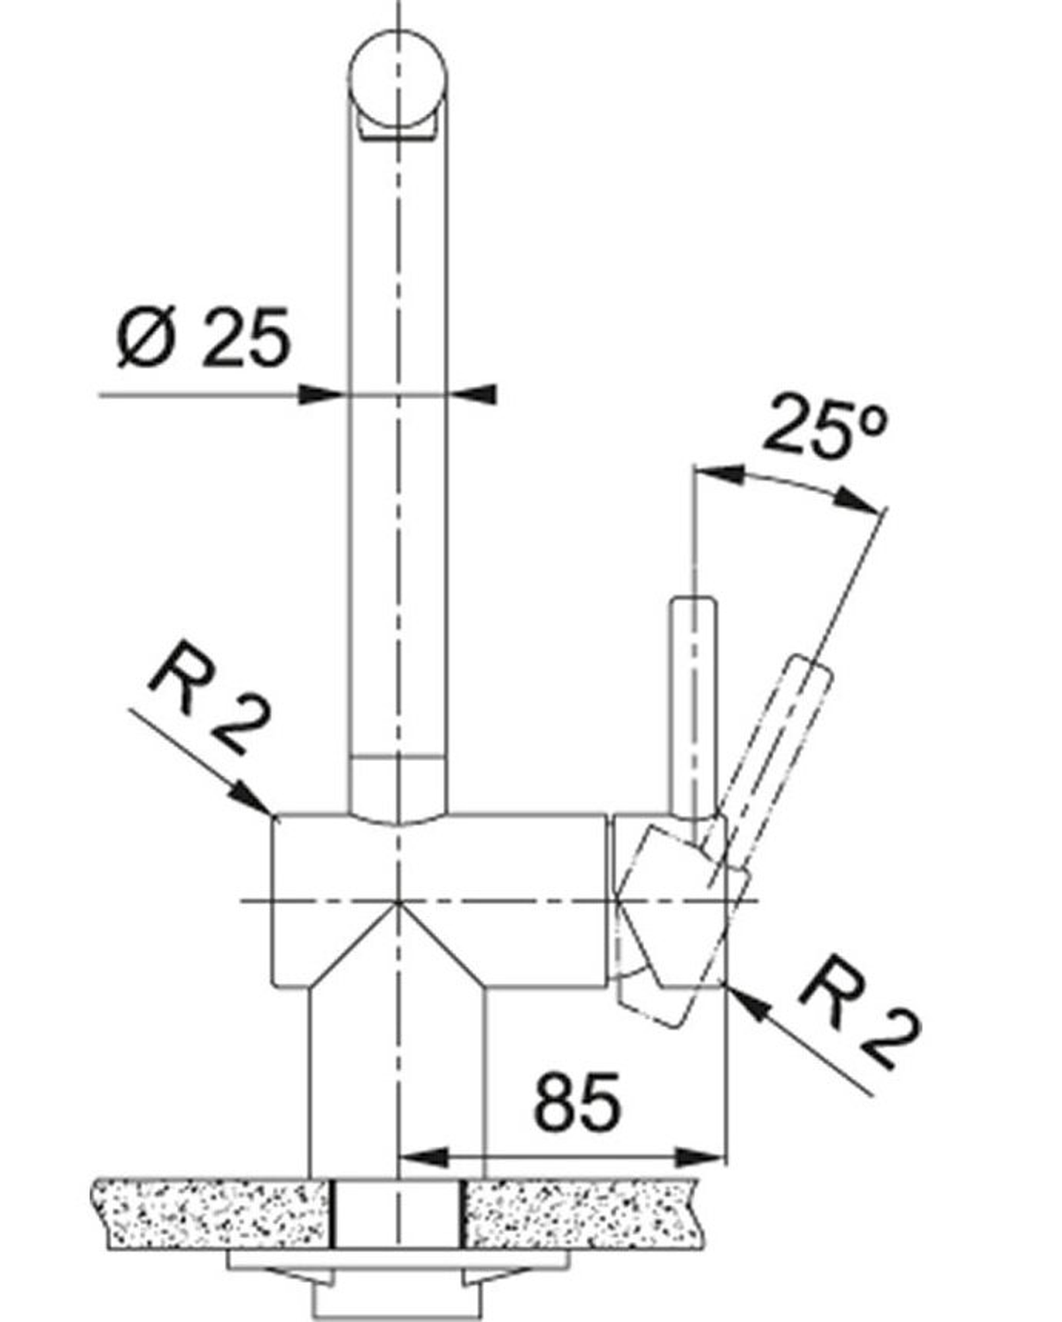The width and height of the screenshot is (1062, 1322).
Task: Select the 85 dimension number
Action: pyautogui.click(x=578, y=1102)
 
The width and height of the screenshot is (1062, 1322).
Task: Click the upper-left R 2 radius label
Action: pyautogui.click(x=208, y=698)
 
